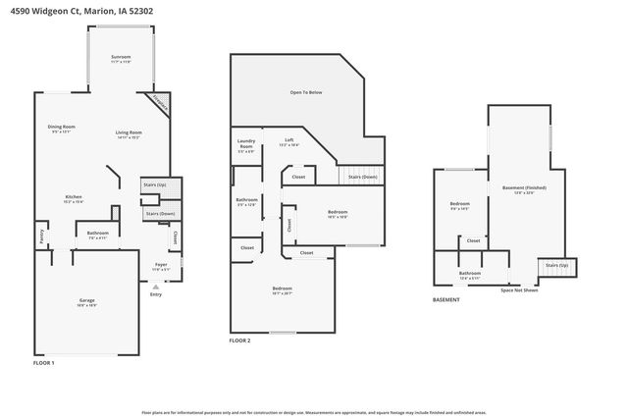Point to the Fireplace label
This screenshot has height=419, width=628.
(x=158, y=103)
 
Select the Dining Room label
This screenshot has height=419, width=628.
(x=63, y=128)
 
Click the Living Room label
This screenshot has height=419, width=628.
(x=129, y=132)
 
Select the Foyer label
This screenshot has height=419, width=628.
(x=161, y=265)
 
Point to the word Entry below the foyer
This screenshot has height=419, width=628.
(x=155, y=294)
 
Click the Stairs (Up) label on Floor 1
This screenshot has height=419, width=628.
(x=155, y=184)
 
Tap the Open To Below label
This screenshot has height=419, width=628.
(x=305, y=92)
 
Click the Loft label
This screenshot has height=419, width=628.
(x=289, y=140)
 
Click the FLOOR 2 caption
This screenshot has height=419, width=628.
(x=239, y=340)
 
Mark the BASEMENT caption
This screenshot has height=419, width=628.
(x=447, y=300)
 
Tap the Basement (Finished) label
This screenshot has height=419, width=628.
(x=524, y=187)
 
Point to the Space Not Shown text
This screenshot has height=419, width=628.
(x=519, y=289)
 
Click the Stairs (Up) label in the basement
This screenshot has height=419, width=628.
(x=556, y=266)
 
